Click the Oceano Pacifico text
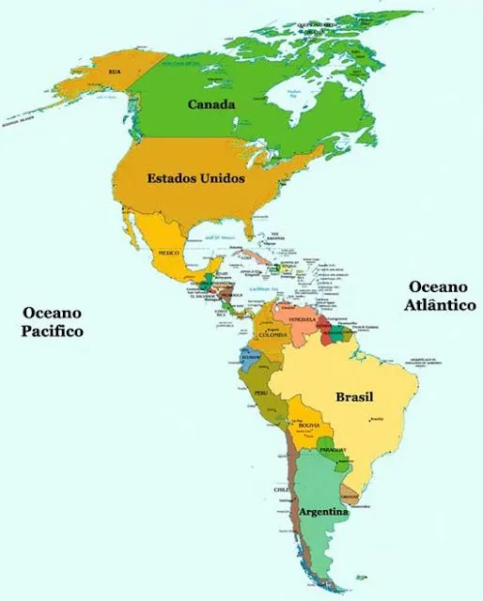pyautogui.click(x=54, y=322)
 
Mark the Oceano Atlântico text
pyautogui.click(x=440, y=296)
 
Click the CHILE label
pyautogui.click(x=280, y=490)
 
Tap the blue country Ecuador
pyautogui.click(x=251, y=357)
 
